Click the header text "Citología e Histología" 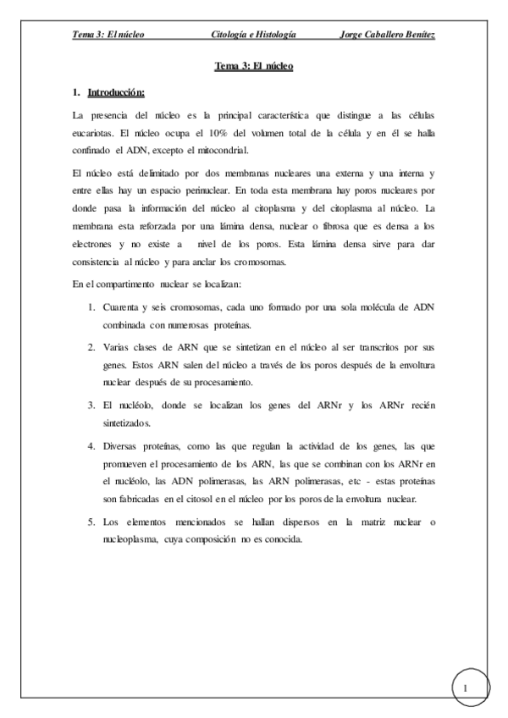tap(253, 35)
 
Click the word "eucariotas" tap(93, 132)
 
